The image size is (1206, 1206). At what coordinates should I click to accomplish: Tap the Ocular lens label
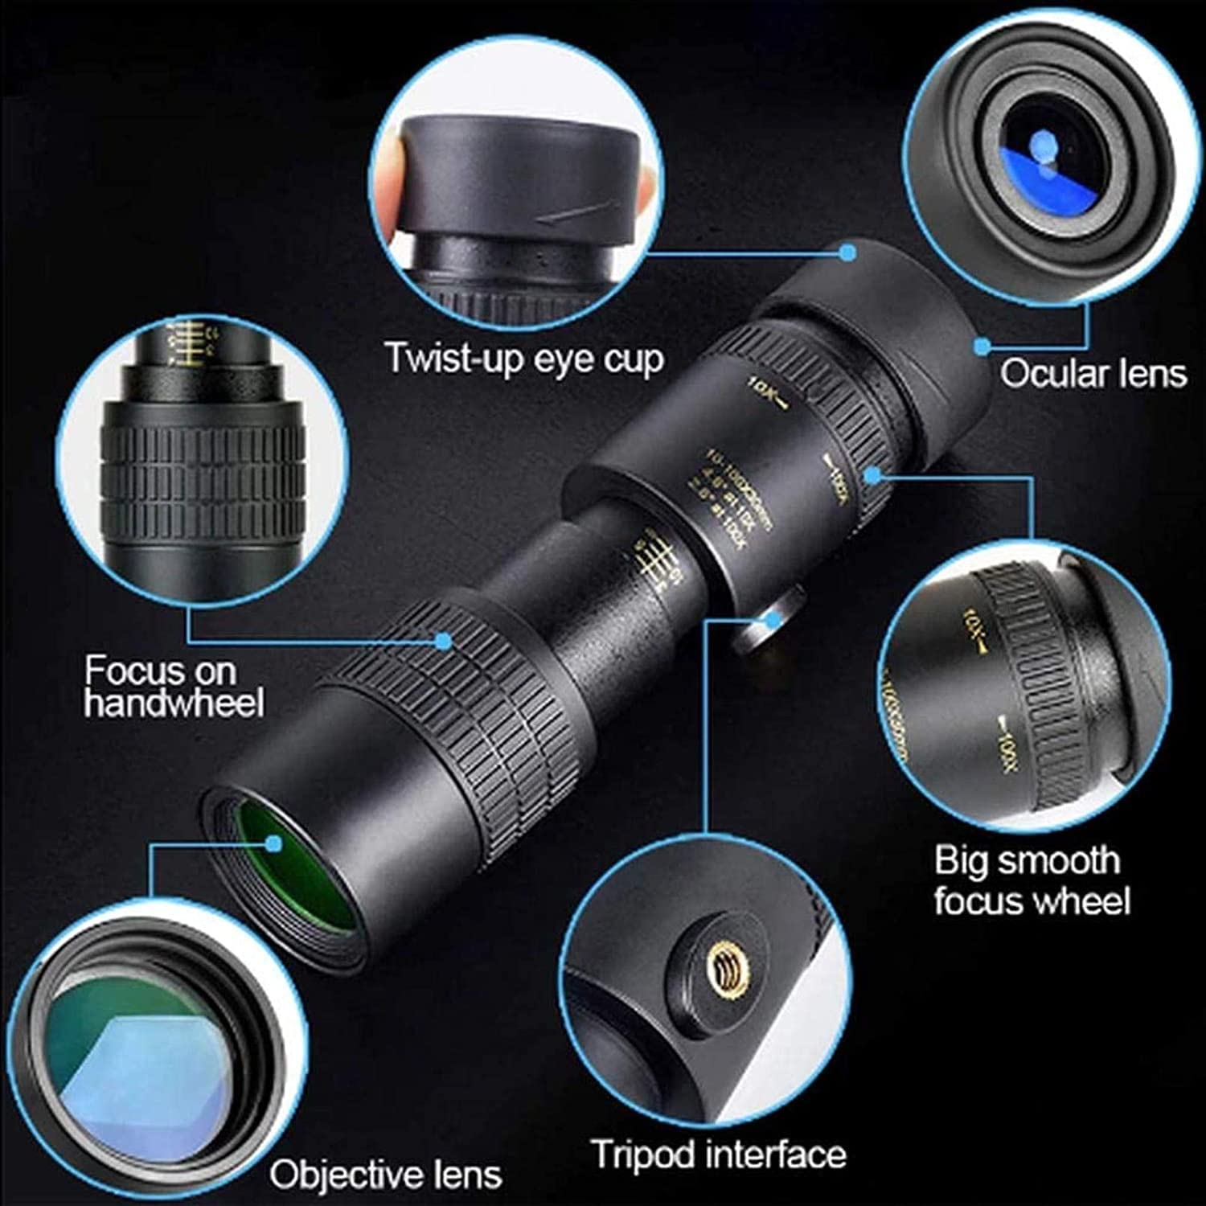point(1093,374)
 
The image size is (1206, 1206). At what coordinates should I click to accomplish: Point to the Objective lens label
point(386,1175)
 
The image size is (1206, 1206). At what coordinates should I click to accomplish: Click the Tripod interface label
point(719,1155)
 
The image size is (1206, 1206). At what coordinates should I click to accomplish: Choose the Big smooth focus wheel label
point(1032,880)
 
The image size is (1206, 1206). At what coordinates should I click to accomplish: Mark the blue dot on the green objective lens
point(274,843)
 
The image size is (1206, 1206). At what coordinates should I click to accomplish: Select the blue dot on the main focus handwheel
point(443,641)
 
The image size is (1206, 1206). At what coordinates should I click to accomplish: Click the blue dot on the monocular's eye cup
point(847,252)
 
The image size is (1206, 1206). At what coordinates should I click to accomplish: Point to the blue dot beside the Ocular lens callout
point(982,347)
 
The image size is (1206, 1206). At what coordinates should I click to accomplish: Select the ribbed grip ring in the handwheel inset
point(203,474)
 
